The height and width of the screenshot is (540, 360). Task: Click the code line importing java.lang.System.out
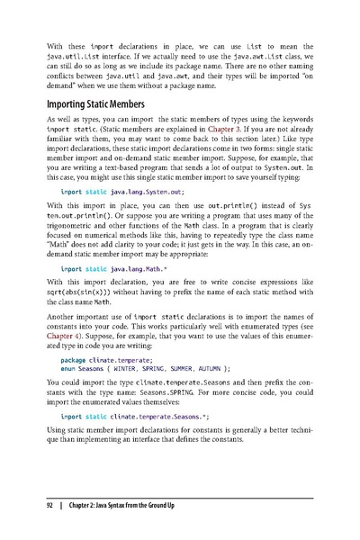(x=121, y=217)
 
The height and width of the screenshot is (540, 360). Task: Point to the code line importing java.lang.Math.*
(x=114, y=294)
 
